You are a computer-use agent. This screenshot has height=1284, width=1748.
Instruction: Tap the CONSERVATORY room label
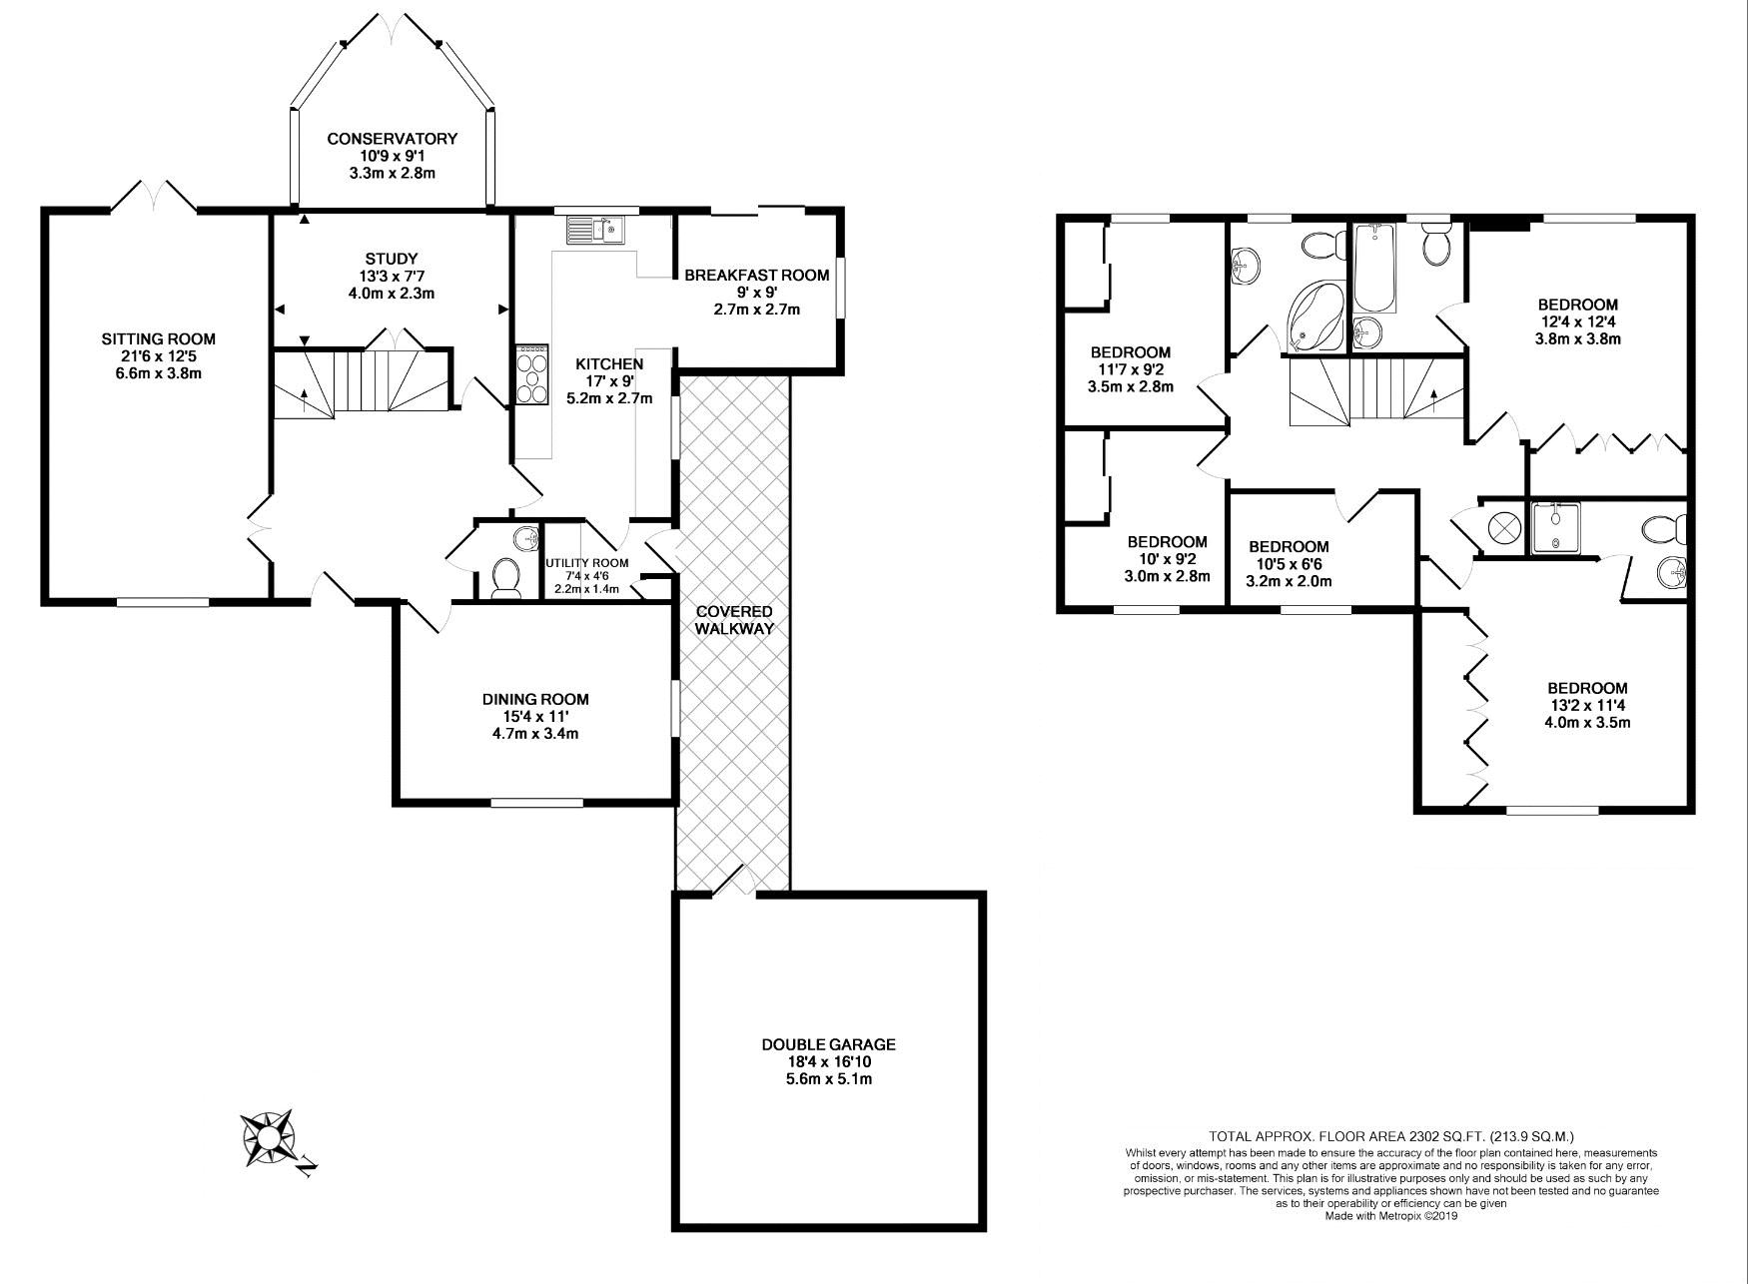click(392, 139)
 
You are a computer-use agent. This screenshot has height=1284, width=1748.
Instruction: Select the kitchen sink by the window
click(595, 231)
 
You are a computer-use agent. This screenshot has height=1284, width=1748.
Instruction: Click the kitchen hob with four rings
click(531, 375)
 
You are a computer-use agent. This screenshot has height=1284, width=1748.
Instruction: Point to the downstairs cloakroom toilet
click(506, 577)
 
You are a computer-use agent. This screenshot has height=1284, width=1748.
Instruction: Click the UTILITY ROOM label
click(587, 563)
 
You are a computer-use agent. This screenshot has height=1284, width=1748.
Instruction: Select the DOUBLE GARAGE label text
click(828, 1044)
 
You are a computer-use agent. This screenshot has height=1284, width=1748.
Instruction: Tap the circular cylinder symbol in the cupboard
click(1503, 526)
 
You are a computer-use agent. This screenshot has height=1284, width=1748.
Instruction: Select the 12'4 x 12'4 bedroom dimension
click(1577, 321)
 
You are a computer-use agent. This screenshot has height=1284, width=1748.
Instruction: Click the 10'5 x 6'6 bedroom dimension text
click(1289, 564)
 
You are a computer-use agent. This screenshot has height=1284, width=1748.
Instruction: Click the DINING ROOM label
click(535, 699)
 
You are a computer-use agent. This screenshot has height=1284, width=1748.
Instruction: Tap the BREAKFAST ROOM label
click(756, 275)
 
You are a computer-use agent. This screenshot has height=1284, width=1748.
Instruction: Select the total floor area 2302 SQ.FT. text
click(1391, 1136)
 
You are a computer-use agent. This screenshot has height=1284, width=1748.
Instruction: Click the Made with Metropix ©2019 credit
click(1391, 1215)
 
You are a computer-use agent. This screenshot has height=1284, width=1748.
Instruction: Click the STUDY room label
click(390, 259)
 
